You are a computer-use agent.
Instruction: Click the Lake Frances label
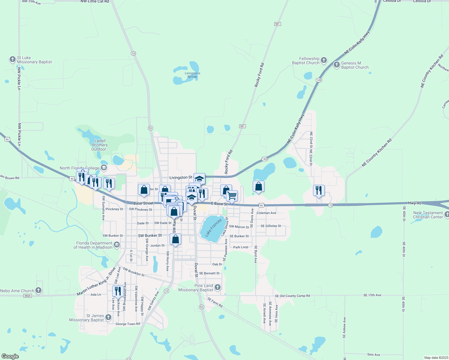coord(214,228)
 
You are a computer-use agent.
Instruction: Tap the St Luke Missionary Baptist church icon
coord(13,59)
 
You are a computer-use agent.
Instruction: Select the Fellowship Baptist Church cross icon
coord(324,60)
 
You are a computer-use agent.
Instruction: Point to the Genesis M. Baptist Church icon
coord(337,65)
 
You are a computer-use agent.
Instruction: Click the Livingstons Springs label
coord(192,75)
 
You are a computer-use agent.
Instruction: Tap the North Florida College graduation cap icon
coord(104,168)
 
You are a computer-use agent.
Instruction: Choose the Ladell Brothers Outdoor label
coord(100,145)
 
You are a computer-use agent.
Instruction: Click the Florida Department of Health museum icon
coord(117,245)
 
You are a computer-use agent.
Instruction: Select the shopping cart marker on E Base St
coord(232,196)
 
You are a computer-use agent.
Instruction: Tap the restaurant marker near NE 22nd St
coord(319,190)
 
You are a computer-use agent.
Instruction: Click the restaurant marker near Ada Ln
coord(118,291)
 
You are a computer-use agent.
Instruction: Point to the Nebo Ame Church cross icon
coord(38,290)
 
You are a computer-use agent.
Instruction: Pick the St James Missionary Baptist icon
coord(108,317)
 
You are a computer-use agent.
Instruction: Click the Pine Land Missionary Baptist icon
coord(217,287)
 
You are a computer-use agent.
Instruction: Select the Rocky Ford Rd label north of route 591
coord(259,75)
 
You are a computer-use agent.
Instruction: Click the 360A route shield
coord(27,296)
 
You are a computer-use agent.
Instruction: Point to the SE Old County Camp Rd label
coord(292,296)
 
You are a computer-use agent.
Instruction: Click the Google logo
coord(10,356)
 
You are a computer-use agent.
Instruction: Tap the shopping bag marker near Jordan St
coord(176,239)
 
